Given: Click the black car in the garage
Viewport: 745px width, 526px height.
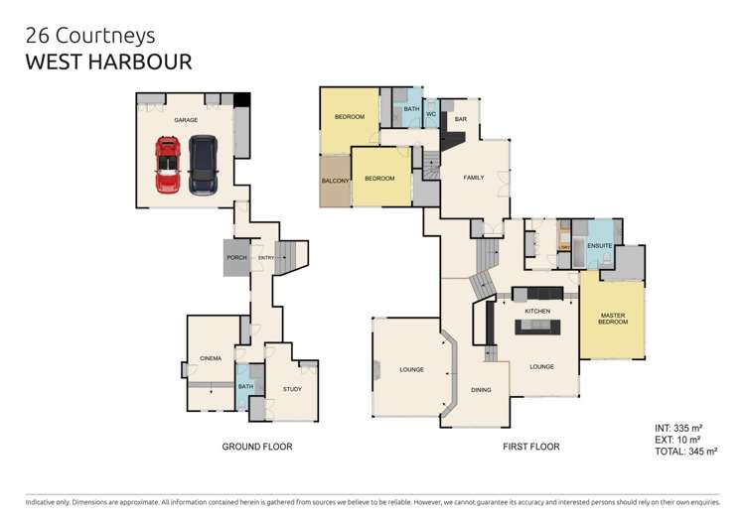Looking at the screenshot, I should pyautogui.click(x=202, y=165).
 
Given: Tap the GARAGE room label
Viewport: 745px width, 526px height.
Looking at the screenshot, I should pyautogui.click(x=186, y=120).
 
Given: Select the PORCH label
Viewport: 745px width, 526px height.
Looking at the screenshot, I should pyautogui.click(x=236, y=258).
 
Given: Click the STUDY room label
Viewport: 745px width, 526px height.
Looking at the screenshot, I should pyautogui.click(x=292, y=389).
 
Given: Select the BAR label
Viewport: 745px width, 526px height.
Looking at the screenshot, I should pyautogui.click(x=461, y=120).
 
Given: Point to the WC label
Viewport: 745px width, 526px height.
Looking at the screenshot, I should pyautogui.click(x=431, y=115).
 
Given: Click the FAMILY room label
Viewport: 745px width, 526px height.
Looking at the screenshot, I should pyautogui.click(x=474, y=178).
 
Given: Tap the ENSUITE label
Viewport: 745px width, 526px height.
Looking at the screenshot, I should pyautogui.click(x=599, y=244).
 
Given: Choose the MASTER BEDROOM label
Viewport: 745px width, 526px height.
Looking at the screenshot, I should pyautogui.click(x=611, y=320).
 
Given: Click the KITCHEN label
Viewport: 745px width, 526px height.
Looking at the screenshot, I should pyautogui.click(x=537, y=312).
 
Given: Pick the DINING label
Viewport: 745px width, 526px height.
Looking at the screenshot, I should pyautogui.click(x=481, y=390).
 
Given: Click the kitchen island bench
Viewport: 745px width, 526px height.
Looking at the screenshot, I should pyautogui.click(x=537, y=328).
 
